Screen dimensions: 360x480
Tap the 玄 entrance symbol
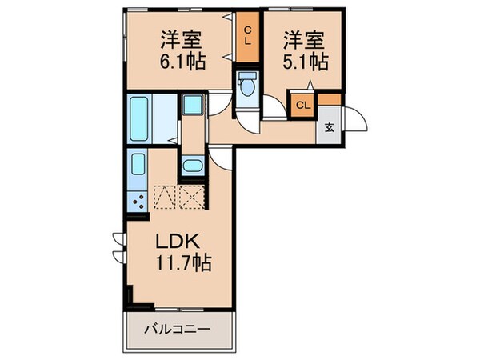point(329,129)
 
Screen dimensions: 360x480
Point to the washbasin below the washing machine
point(193,166)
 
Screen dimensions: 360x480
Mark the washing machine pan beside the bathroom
point(193,106)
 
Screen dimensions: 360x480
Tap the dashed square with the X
point(193,196)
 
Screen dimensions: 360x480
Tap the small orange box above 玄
point(330,100)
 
